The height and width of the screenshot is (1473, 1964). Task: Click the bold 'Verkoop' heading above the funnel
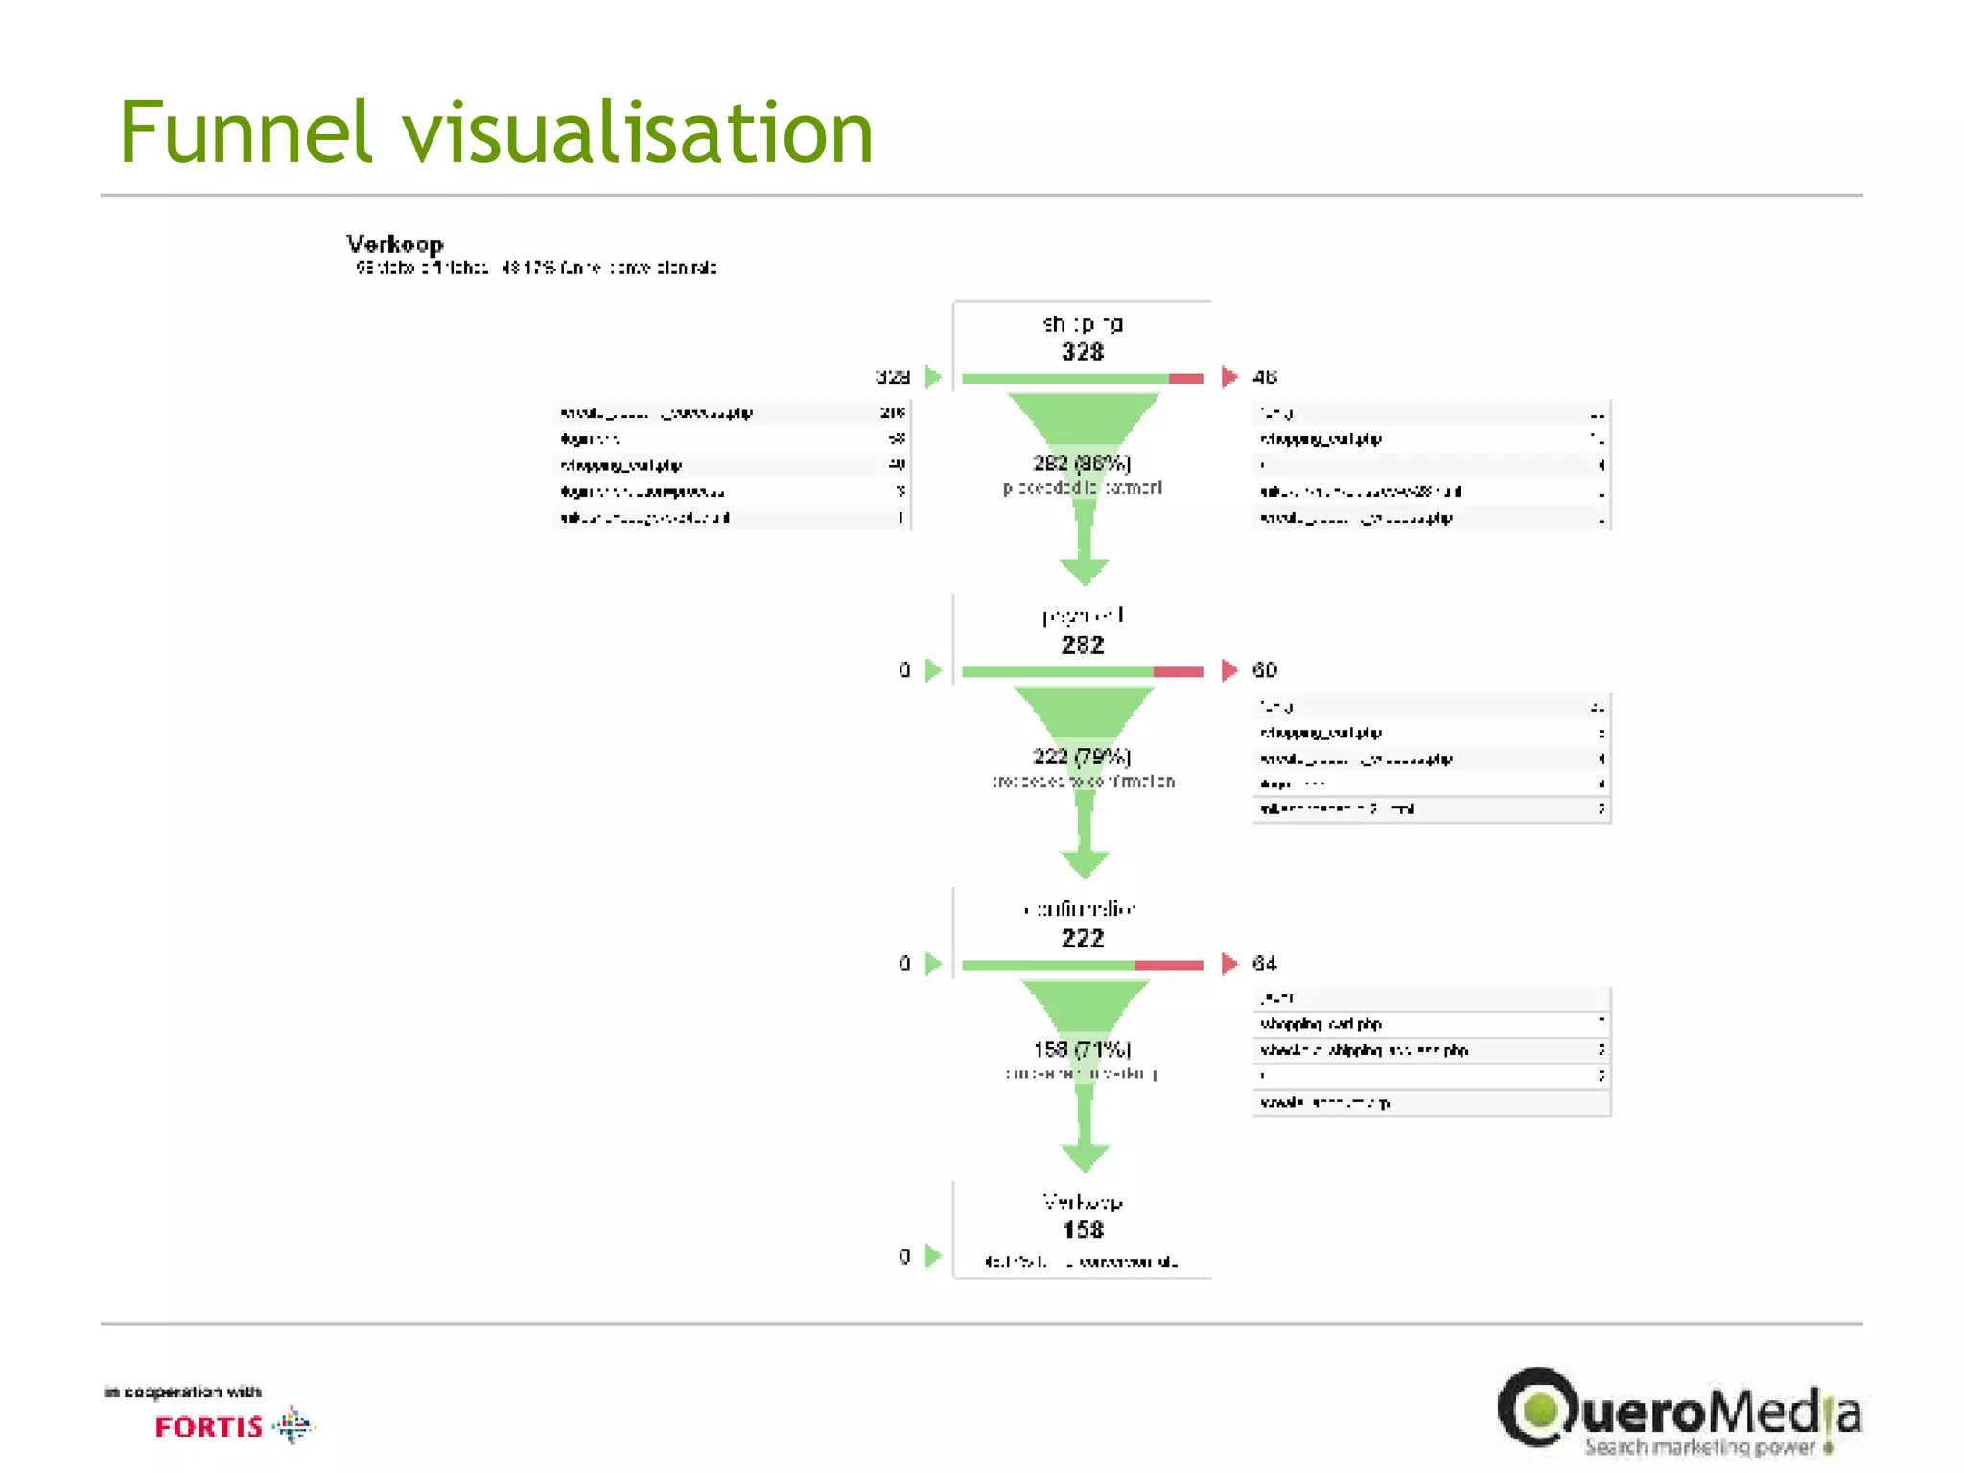click(395, 245)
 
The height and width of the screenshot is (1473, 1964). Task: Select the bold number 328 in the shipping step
click(1083, 352)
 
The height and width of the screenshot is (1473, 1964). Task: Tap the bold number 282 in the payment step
click(1083, 645)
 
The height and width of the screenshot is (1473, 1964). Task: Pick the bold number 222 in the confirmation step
click(1083, 939)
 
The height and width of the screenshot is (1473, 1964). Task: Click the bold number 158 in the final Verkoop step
click(1083, 1230)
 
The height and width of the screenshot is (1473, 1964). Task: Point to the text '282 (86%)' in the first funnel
click(1082, 463)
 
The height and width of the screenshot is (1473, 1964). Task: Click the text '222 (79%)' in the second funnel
click(1082, 757)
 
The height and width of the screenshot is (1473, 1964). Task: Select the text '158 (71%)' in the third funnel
click(1082, 1050)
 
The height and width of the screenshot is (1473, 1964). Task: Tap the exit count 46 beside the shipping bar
click(1265, 377)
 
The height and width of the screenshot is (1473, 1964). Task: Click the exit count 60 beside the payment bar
click(1265, 670)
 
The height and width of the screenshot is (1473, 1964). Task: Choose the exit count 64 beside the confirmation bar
click(1265, 964)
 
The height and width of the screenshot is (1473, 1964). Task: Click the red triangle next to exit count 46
click(1229, 377)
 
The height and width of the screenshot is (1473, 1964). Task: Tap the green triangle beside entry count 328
click(933, 377)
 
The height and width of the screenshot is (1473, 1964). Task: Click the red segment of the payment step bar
click(1178, 672)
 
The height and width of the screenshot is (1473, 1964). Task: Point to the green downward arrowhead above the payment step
click(1085, 573)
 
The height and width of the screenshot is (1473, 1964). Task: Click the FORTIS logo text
click(209, 1428)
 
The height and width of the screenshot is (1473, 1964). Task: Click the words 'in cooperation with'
click(182, 1391)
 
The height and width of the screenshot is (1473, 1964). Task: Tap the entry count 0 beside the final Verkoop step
click(904, 1256)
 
